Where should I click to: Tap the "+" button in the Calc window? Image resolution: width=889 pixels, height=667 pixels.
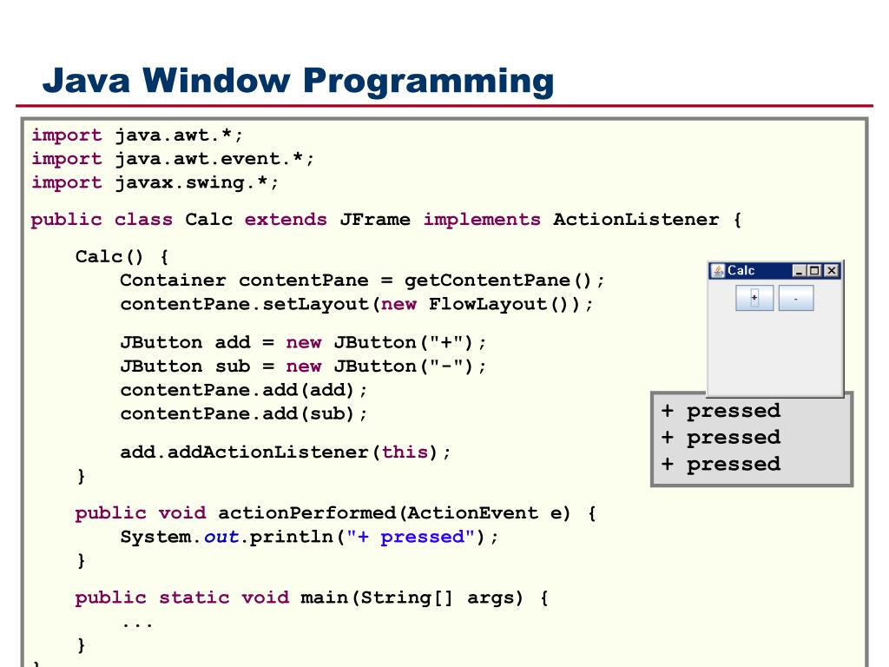click(x=754, y=298)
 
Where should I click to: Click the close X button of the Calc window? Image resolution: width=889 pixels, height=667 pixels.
click(x=832, y=271)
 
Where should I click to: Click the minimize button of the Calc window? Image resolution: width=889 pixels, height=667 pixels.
click(x=800, y=271)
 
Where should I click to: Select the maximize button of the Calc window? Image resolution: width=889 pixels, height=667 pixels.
click(x=816, y=271)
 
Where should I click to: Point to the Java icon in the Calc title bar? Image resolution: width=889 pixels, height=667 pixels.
click(x=718, y=271)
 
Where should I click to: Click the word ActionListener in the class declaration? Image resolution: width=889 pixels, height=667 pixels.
click(x=635, y=220)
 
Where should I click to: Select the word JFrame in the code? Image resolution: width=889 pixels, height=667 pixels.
click(x=375, y=220)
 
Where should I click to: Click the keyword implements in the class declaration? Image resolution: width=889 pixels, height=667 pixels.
click(x=482, y=220)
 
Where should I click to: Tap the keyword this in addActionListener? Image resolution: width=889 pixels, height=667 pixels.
click(x=405, y=452)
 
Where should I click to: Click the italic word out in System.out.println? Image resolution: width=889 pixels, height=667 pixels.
click(x=221, y=536)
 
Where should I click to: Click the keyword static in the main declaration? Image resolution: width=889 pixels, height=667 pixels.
click(x=194, y=597)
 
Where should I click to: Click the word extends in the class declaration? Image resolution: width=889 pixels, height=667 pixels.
click(x=286, y=220)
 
